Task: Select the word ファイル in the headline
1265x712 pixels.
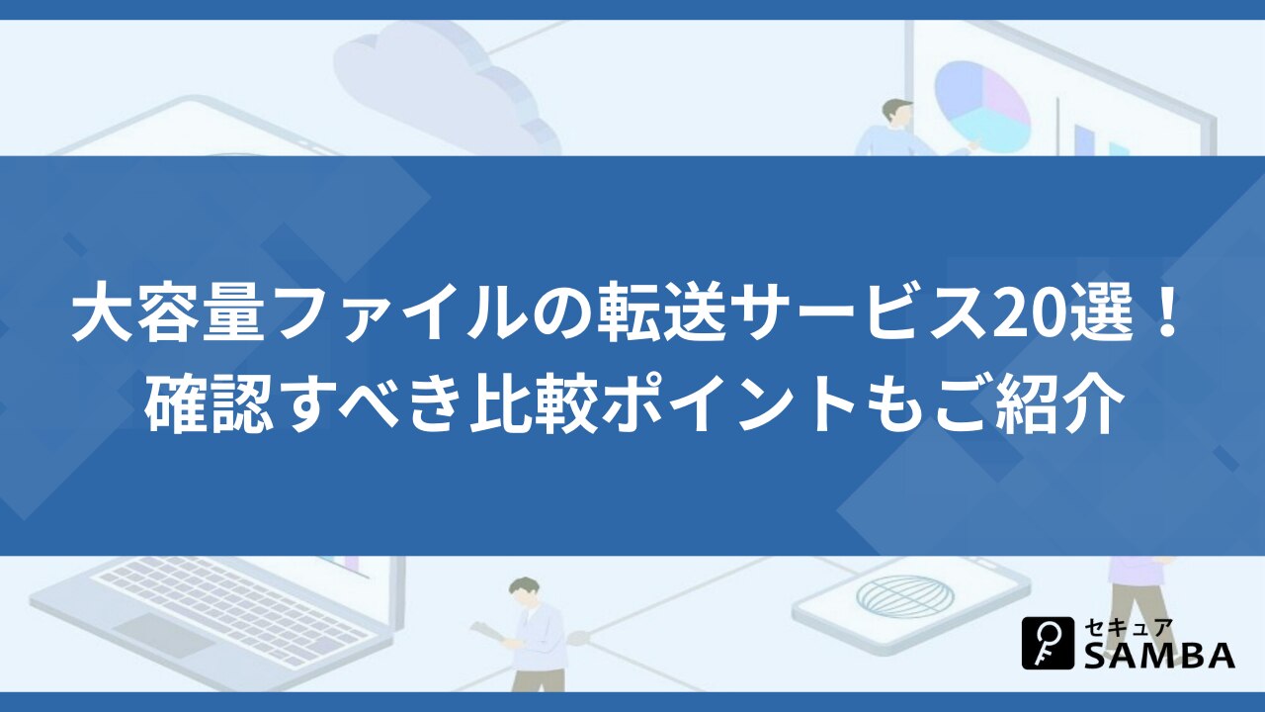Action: point(398,319)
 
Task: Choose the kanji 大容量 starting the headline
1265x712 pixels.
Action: point(168,319)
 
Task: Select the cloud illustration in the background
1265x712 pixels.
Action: point(446,90)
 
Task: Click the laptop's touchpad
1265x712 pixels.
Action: point(164,635)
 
